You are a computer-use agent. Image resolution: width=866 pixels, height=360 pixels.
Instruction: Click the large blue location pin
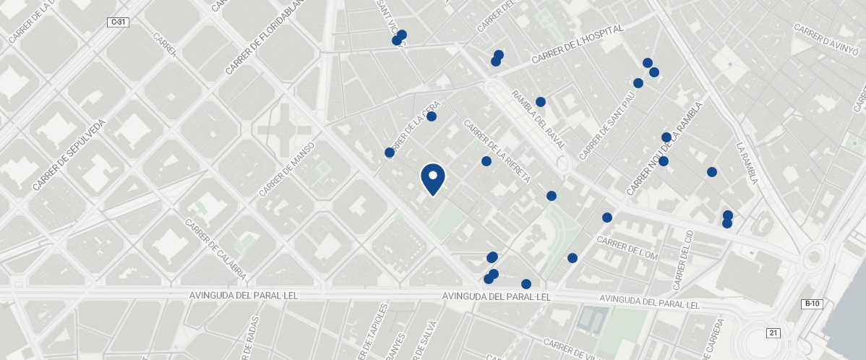432,179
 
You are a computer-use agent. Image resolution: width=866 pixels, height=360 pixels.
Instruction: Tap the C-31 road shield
118,22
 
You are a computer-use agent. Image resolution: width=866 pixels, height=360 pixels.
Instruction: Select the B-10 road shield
812,304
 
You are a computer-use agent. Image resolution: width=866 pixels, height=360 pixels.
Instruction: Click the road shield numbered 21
773,333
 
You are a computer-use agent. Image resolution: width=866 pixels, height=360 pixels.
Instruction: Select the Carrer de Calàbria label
216,250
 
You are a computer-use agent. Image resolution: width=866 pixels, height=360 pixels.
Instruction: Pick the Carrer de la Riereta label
497,150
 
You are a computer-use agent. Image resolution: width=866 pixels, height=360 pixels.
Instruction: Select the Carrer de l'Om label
627,247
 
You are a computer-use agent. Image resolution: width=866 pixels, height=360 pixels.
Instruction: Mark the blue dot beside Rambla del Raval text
540,102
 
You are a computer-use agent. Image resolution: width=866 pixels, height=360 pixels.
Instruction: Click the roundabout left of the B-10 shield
815,256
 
